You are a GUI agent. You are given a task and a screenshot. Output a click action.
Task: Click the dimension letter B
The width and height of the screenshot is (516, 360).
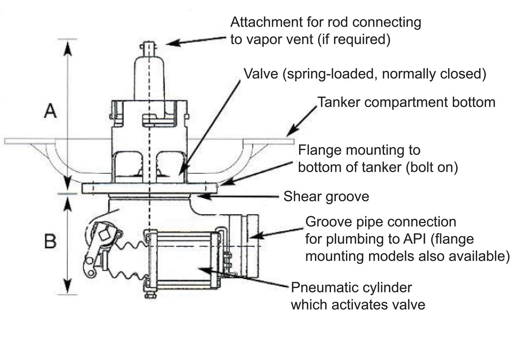coord(50,242)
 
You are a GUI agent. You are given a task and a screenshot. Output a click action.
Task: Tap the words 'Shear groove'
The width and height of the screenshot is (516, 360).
coord(326,197)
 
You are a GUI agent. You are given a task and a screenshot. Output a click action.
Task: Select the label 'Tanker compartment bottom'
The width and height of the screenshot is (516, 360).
coord(406,102)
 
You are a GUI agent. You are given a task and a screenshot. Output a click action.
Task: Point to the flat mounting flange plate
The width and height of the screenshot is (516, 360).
coord(150,189)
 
